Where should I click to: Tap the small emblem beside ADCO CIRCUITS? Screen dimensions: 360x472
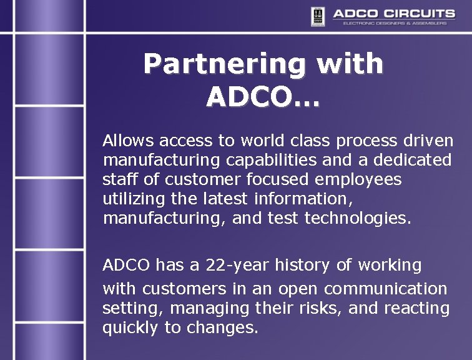coord(318,16)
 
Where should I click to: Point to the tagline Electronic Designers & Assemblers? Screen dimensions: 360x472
coord(395,24)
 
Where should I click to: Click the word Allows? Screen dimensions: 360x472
coord(128,140)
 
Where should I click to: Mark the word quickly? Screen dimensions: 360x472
coord(131,328)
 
